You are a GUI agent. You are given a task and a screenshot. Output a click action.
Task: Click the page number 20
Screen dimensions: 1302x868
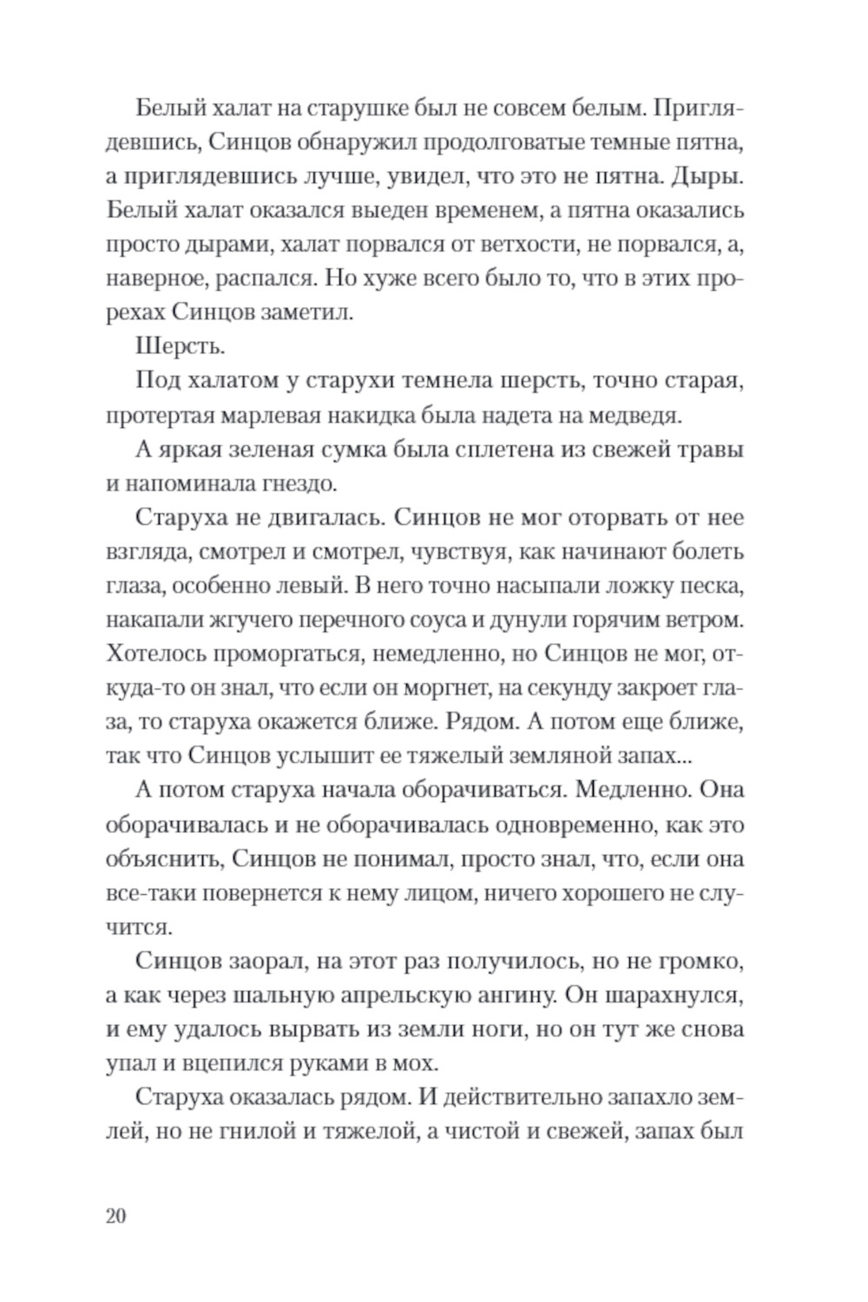[116, 1215]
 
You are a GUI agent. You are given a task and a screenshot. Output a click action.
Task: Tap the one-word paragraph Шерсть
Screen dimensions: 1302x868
[181, 346]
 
